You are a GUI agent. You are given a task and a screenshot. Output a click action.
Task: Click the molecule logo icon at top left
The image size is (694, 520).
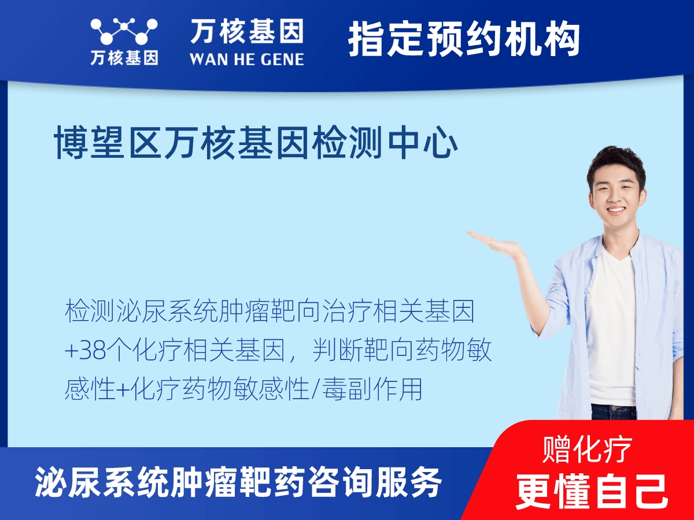(x=124, y=31)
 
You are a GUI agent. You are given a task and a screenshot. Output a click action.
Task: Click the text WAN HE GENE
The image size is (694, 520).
(x=247, y=58)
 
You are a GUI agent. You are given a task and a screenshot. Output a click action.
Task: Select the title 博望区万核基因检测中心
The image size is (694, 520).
(x=256, y=143)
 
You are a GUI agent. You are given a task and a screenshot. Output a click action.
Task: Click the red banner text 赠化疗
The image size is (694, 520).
(x=587, y=450)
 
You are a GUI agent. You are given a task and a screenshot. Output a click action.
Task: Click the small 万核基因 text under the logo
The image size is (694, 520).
(x=124, y=58)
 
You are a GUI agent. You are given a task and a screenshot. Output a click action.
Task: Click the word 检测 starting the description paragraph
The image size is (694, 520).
(x=82, y=312)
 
